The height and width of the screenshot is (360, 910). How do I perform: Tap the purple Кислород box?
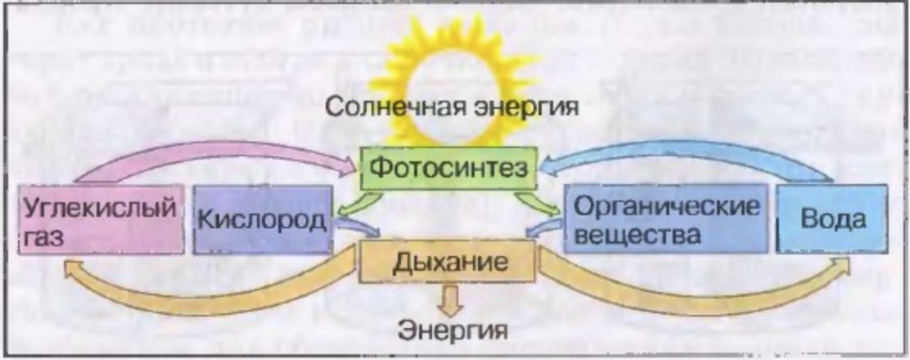point(262,219)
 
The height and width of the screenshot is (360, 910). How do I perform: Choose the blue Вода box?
point(831,219)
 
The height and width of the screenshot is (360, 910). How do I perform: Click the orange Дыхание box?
point(449,263)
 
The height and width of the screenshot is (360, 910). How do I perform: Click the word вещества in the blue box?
point(637,235)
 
